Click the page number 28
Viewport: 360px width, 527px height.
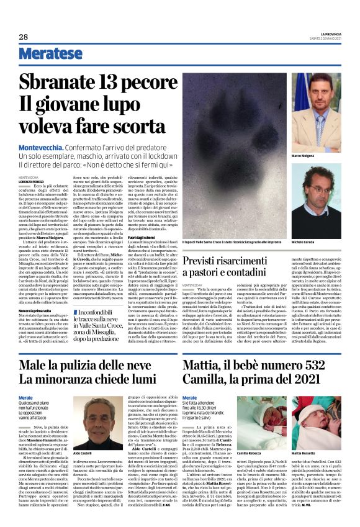[22, 37]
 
